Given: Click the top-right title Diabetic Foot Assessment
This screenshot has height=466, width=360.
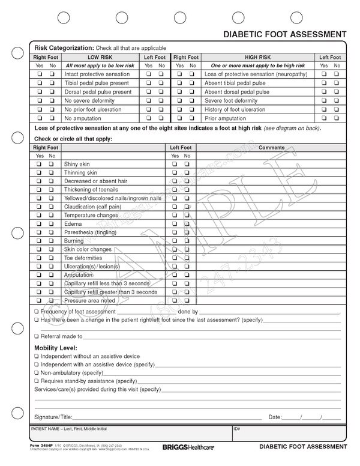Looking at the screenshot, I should [x=284, y=34].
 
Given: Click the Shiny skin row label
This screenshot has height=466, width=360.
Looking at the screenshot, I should [x=77, y=164].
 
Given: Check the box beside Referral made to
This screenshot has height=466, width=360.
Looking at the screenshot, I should [x=37, y=336].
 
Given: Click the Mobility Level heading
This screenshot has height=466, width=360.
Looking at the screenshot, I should [x=56, y=348].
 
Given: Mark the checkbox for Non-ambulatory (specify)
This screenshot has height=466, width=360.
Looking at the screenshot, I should [x=37, y=373].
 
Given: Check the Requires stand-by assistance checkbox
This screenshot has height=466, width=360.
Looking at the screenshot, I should [x=37, y=381].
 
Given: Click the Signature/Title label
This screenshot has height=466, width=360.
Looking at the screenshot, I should [x=53, y=417].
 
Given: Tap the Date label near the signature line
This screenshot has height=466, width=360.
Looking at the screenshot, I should [x=275, y=417].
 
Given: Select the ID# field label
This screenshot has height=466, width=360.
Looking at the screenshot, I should [x=237, y=429].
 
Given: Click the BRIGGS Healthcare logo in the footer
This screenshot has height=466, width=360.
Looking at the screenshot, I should [x=187, y=447].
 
